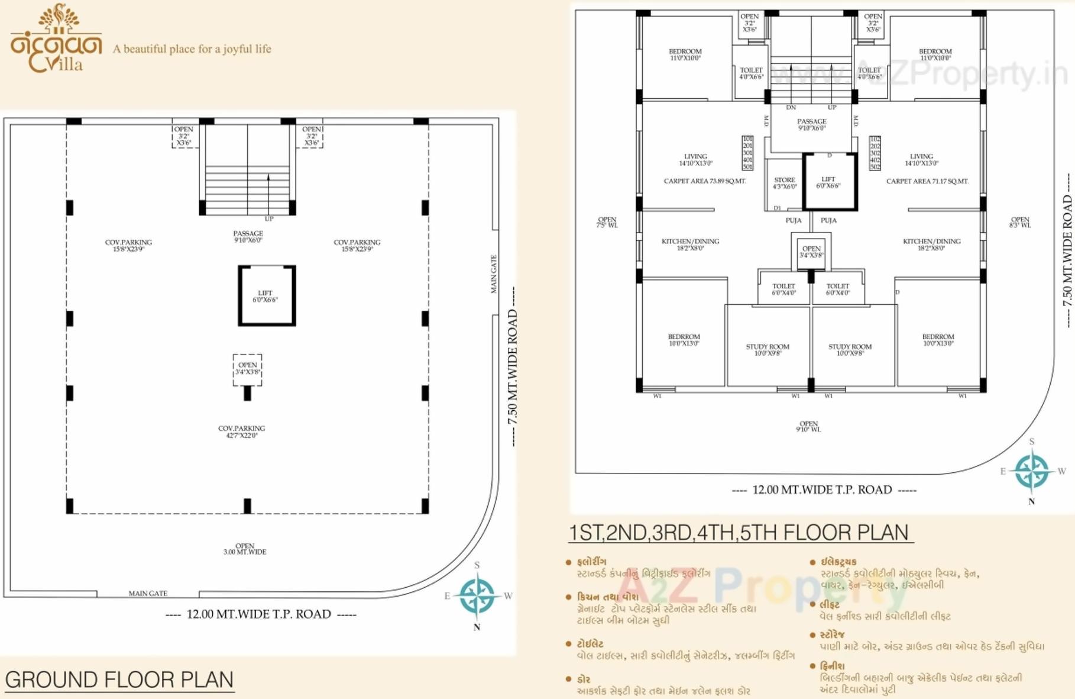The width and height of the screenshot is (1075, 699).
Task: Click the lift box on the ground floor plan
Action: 267,296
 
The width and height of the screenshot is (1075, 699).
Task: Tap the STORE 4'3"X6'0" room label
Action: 785,183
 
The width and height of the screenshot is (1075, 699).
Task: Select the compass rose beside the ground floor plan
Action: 477,595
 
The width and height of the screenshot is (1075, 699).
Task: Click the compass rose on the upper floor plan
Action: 1032,472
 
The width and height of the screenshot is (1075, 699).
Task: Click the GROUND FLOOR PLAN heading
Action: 119,679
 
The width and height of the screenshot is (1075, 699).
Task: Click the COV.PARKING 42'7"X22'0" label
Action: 241,431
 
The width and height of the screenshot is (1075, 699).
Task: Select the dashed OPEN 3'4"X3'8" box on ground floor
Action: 247,369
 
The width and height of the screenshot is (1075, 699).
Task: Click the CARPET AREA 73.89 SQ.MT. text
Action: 705,181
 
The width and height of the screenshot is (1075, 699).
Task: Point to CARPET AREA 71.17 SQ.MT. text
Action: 927,181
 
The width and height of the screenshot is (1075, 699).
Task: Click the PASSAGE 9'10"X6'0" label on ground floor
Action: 248,237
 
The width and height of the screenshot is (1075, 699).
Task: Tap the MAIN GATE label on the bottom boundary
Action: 148,593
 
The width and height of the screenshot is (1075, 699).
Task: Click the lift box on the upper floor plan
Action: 829,182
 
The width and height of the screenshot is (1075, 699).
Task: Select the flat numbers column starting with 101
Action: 747,153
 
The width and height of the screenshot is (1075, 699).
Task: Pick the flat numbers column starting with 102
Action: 875,153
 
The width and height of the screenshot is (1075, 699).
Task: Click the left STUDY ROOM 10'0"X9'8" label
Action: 768,350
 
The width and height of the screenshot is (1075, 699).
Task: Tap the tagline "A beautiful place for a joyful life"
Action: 192,49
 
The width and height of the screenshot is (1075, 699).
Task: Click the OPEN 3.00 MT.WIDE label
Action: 245,549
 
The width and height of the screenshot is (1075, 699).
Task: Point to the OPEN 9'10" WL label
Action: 808,426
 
